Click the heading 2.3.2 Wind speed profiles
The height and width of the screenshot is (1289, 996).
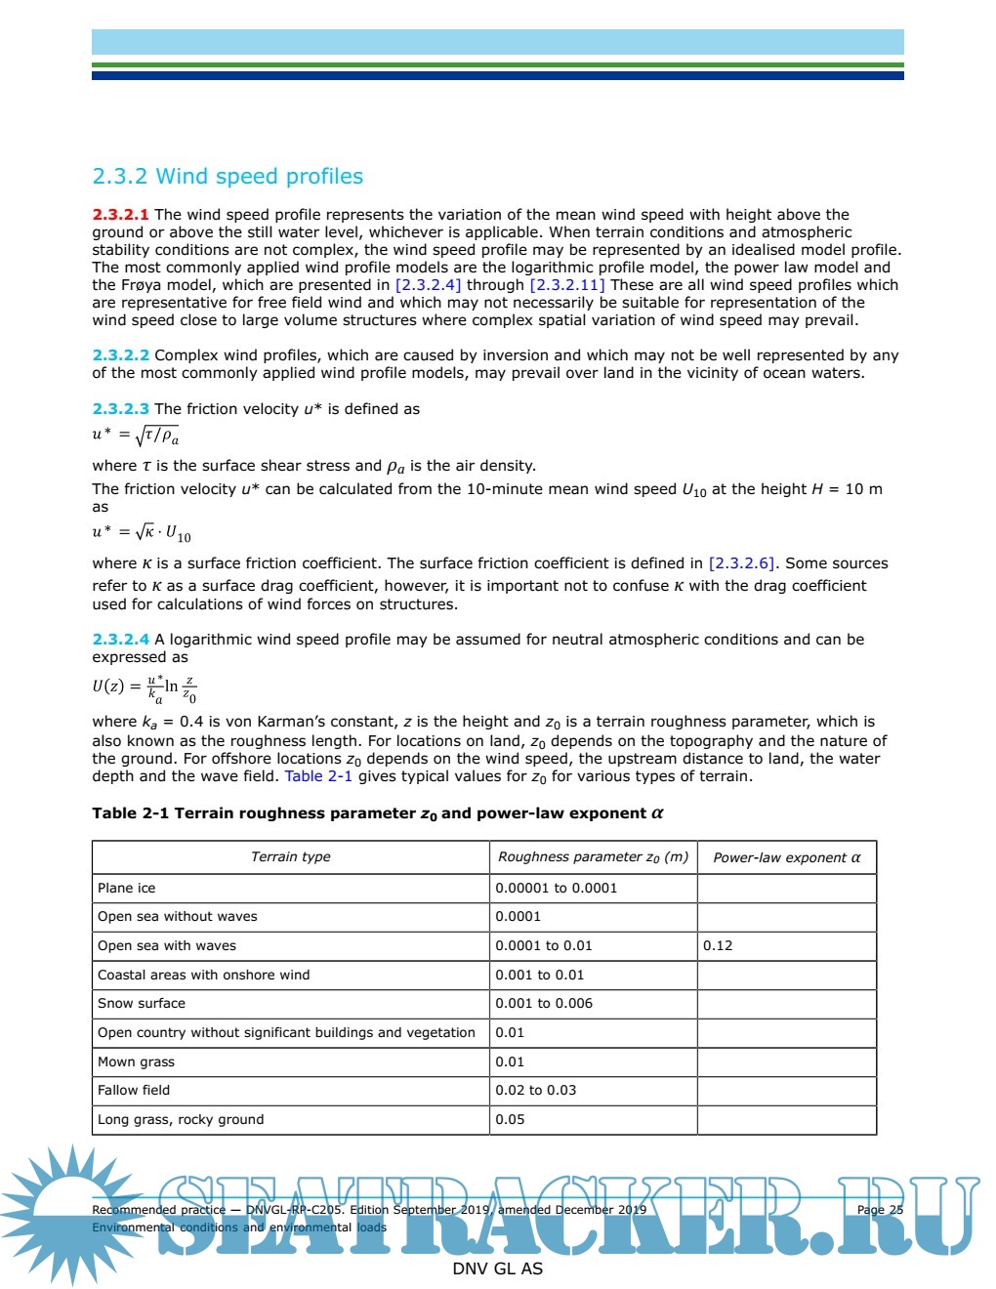(228, 177)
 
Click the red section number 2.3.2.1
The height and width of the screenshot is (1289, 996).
(120, 215)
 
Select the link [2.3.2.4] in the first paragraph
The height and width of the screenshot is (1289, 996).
(428, 285)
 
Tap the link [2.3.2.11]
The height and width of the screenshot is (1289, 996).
(566, 285)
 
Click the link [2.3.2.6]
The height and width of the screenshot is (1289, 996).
(742, 563)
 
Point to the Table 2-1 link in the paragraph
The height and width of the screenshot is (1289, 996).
(318, 776)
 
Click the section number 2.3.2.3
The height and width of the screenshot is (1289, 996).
(120, 409)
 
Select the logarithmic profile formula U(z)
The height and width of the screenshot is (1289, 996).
(145, 686)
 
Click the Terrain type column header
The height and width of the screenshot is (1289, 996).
(290, 857)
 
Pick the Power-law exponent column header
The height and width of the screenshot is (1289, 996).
(786, 858)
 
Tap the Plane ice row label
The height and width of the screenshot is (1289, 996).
(126, 888)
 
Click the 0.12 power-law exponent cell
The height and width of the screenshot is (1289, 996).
(718, 946)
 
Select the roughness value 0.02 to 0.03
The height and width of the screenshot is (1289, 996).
(535, 1091)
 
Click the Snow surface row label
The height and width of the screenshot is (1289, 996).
(141, 1004)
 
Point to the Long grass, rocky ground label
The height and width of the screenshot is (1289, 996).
(181, 1120)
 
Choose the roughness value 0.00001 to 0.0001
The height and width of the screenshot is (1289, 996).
(556, 888)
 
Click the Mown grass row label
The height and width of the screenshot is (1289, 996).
(136, 1061)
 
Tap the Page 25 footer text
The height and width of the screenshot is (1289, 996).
(879, 1210)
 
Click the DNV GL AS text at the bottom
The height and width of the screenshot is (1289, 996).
(497, 1268)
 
